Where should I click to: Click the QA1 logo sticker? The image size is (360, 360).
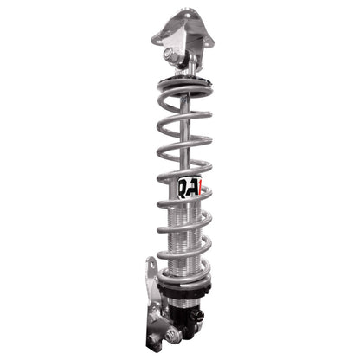(x=188, y=187)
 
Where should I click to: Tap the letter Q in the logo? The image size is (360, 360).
(x=183, y=186)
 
